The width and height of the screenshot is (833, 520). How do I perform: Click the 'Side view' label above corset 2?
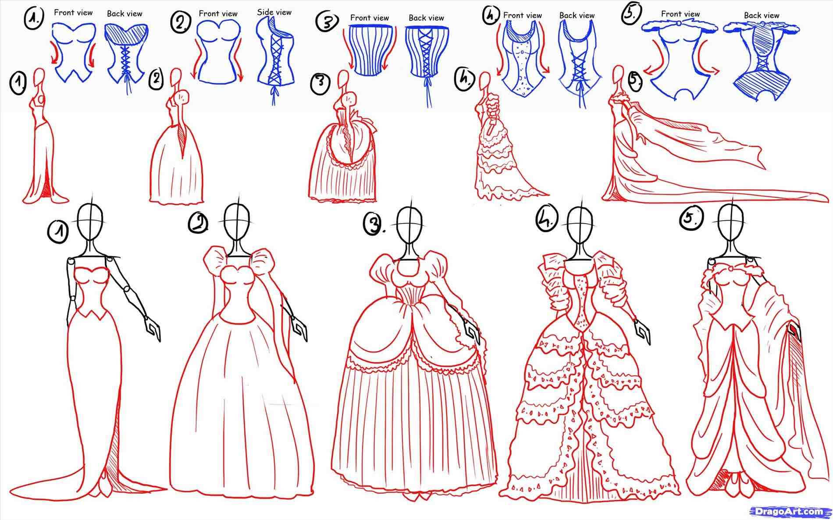[x=274, y=12]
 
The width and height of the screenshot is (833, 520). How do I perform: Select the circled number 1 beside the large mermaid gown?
[x=57, y=232]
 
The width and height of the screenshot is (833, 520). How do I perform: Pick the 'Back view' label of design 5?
[x=761, y=15]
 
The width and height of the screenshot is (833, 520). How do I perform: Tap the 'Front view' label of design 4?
[x=522, y=15]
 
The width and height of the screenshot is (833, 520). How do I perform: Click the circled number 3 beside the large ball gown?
[x=373, y=224]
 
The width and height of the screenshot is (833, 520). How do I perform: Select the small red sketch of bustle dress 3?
[x=344, y=149]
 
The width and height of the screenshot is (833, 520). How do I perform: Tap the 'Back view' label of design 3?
[x=426, y=18]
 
